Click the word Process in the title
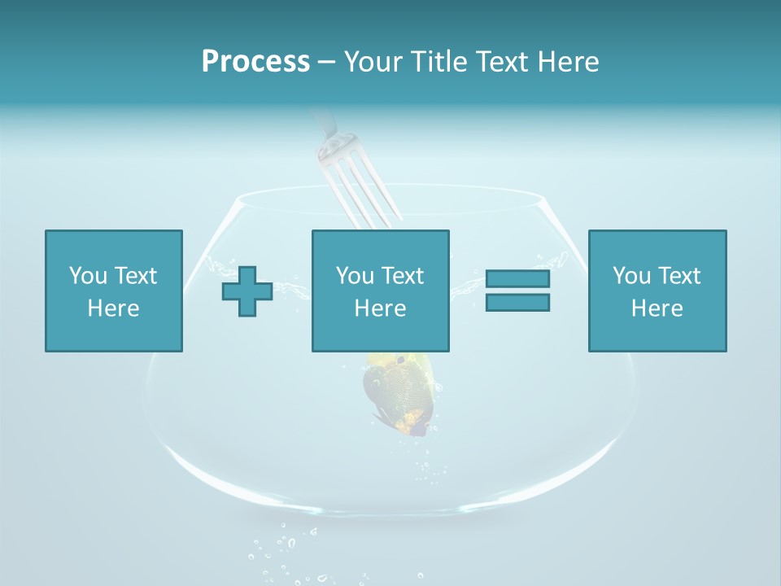point(255,61)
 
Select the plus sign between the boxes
point(247,291)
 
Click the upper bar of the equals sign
point(517,279)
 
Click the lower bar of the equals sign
point(517,302)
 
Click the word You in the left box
point(88,276)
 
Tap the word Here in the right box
point(657,308)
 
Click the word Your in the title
point(373,61)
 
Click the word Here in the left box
point(114,308)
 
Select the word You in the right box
point(631,276)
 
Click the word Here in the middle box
point(380,308)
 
